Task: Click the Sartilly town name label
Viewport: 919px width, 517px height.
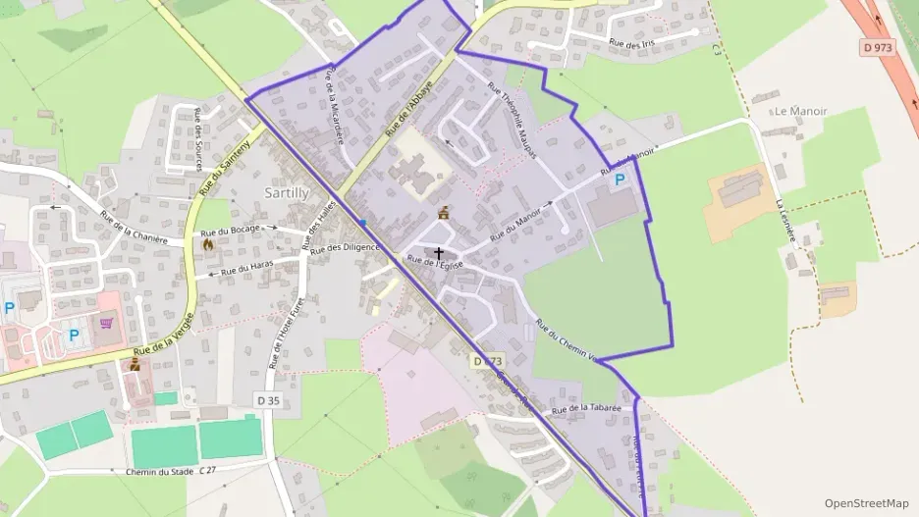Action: tap(287, 192)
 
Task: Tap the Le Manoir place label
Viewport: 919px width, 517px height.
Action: tap(800, 112)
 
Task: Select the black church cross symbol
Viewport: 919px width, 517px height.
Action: tap(438, 254)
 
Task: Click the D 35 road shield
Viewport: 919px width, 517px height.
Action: tap(268, 400)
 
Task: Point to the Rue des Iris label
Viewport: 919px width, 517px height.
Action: tap(631, 43)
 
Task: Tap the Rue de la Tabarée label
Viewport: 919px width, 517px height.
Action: tap(587, 408)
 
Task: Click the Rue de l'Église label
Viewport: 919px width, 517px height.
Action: tap(435, 263)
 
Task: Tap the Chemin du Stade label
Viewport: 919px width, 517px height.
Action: tap(160, 472)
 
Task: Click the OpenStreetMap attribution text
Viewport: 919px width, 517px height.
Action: tap(866, 503)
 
